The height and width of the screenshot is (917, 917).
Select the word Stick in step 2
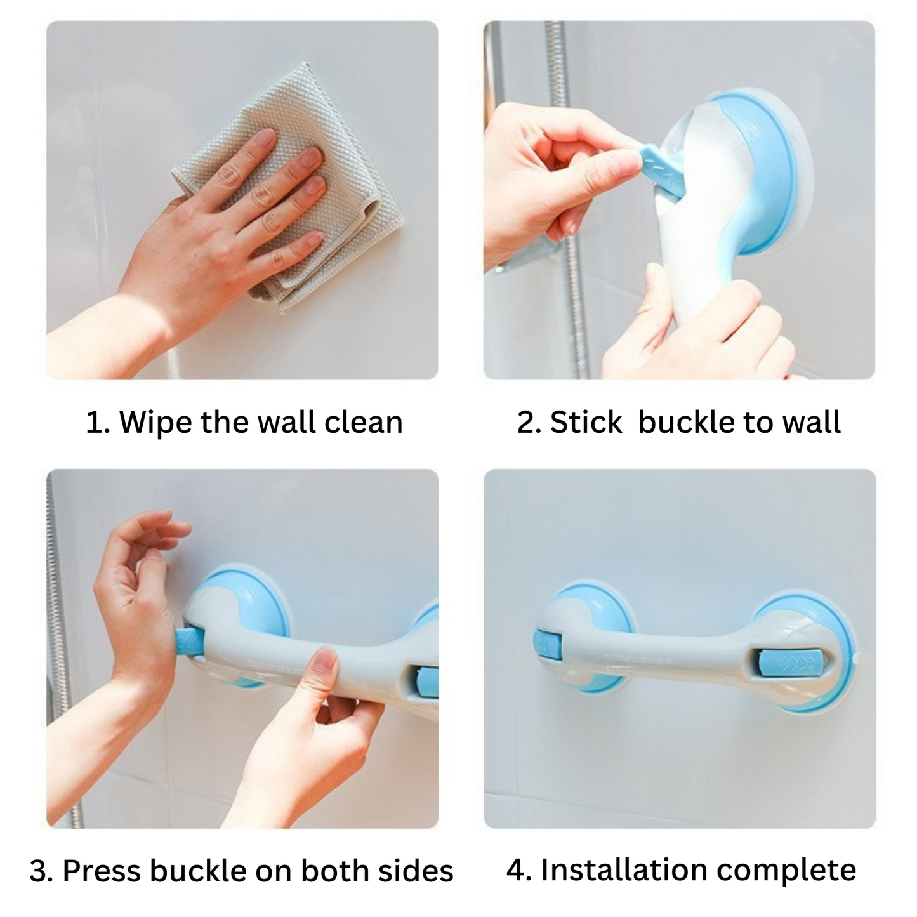coord(586,423)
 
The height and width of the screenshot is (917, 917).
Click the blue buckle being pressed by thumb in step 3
coord(188,642)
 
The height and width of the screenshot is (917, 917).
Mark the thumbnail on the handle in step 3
coord(326,663)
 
